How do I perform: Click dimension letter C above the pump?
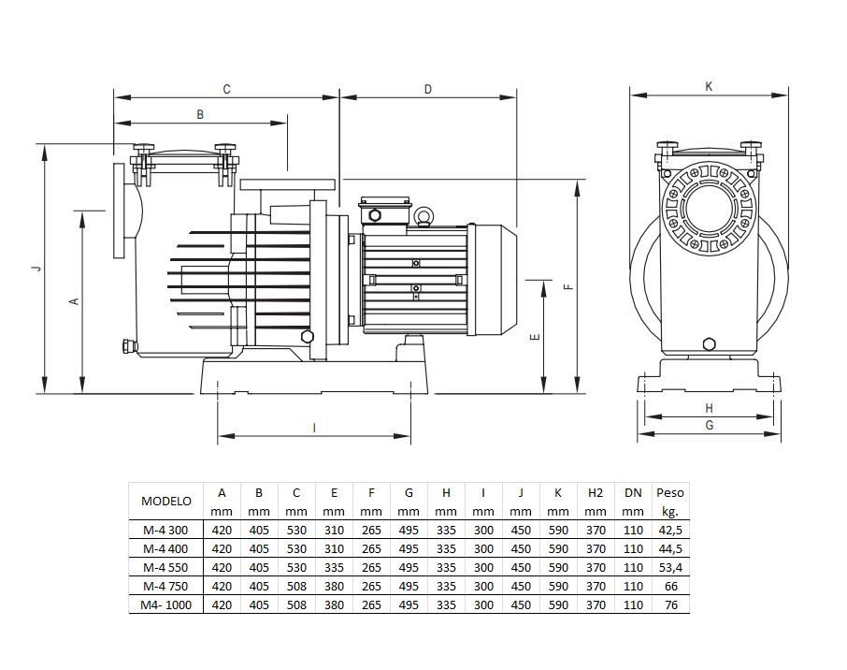[226, 89]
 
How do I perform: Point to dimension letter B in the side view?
[199, 114]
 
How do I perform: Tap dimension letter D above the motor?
[428, 89]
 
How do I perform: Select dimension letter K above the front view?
[709, 85]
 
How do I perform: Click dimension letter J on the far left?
[36, 269]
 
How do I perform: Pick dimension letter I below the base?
[314, 427]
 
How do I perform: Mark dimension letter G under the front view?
[710, 425]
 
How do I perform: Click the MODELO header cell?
[165, 501]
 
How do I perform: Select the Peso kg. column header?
[670, 501]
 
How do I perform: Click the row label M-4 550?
[165, 567]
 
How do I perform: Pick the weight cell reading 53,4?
[670, 567]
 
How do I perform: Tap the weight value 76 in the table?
[670, 604]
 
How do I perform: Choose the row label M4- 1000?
[165, 604]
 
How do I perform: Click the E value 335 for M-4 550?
[334, 567]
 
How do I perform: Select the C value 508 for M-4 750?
[296, 586]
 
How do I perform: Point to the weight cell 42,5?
[670, 530]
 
